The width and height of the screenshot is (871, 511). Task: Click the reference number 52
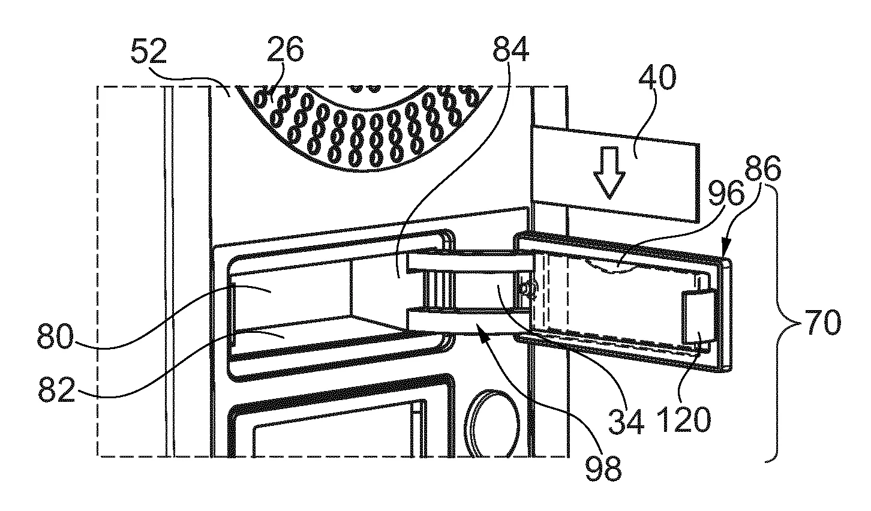[149, 52]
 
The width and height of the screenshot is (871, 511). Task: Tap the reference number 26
[285, 49]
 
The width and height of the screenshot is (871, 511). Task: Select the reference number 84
[510, 49]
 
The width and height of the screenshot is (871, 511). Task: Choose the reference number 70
[823, 322]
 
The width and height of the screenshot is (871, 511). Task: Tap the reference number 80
[55, 336]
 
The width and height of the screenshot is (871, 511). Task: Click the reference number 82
[57, 389]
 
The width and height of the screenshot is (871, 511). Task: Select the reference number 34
[626, 422]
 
